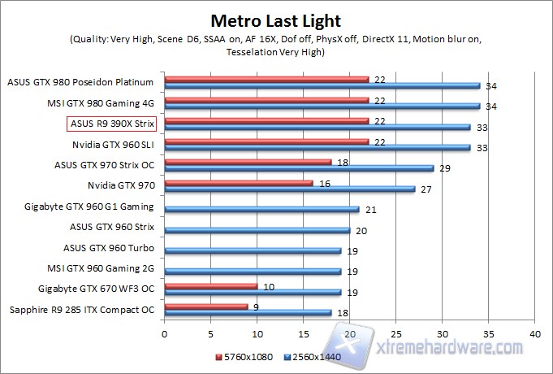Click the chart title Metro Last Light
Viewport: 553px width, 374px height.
tap(276, 20)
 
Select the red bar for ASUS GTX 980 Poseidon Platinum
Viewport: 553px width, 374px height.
tap(266, 79)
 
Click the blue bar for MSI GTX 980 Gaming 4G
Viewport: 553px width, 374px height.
tap(322, 106)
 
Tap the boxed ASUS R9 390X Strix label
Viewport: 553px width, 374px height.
tap(111, 124)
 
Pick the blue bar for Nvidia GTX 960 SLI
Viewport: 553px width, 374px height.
tap(317, 147)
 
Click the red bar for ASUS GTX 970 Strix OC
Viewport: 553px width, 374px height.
tap(248, 162)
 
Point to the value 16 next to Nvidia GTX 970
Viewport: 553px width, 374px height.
tap(325, 184)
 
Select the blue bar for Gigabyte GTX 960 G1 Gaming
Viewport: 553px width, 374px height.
tap(261, 209)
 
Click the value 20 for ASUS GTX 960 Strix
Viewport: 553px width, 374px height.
tap(360, 230)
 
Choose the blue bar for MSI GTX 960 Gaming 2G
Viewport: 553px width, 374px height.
tap(253, 271)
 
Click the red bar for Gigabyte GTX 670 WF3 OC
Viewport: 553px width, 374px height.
tap(210, 285)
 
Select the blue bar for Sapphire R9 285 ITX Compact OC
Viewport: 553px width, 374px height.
tap(248, 312)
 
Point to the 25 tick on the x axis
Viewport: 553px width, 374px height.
tap(395, 333)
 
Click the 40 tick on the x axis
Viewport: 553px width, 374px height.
tap(534, 333)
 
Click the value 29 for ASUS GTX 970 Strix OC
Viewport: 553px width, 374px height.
tap(443, 168)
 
